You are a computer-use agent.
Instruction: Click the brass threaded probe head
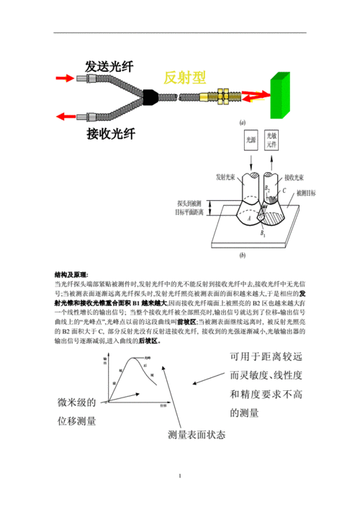(x=214, y=95)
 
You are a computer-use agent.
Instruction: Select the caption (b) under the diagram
(x=243, y=256)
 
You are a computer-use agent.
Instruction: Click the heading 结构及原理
(x=71, y=276)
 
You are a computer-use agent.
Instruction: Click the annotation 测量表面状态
(x=196, y=436)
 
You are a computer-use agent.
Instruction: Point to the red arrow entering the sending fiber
(x=67, y=76)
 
